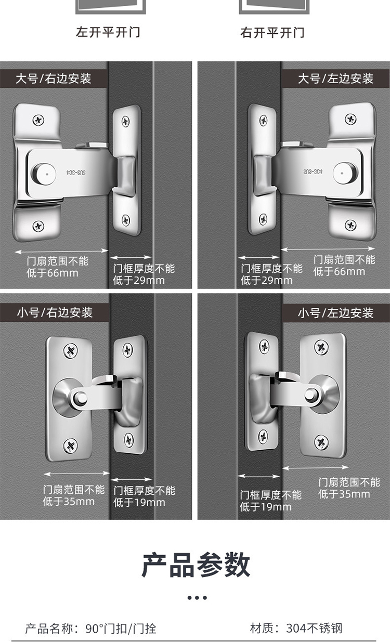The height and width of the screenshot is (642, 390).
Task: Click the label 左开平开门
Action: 108,32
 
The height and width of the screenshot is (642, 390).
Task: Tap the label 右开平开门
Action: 272,33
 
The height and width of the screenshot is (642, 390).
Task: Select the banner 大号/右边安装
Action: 54,78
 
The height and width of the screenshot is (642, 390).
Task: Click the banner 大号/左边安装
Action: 335,78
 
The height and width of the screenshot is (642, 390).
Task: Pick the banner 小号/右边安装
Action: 55,312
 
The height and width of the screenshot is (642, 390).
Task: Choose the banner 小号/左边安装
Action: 336,313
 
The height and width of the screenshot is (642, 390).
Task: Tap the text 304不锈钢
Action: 314,628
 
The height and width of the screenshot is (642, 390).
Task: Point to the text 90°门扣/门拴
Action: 121,628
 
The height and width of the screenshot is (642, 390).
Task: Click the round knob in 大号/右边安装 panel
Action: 44,174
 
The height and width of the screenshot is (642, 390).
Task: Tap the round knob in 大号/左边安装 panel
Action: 345,173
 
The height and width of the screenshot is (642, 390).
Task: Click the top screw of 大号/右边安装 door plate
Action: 38,120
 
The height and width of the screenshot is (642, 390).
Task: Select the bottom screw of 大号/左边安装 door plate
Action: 350,225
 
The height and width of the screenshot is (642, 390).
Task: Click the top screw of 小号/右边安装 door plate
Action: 71,350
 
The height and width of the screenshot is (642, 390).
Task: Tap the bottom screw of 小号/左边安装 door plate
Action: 321,442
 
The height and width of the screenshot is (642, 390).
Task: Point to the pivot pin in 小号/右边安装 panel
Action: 80,398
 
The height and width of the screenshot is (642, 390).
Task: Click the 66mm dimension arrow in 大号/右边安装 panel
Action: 61,252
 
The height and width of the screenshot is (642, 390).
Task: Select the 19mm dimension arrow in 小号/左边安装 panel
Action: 258,476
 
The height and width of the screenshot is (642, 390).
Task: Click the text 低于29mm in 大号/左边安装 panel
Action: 267,280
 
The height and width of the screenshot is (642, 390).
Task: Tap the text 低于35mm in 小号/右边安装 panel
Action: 69,502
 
